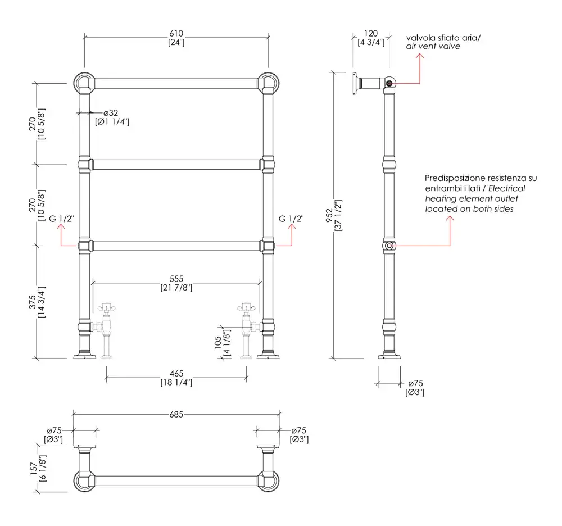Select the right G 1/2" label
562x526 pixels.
[291, 218]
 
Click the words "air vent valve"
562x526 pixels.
[433, 47]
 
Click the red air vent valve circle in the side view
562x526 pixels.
[389, 84]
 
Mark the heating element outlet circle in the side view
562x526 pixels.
[389, 246]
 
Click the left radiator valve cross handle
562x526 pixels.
[106, 307]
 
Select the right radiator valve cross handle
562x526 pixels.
[246, 307]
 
